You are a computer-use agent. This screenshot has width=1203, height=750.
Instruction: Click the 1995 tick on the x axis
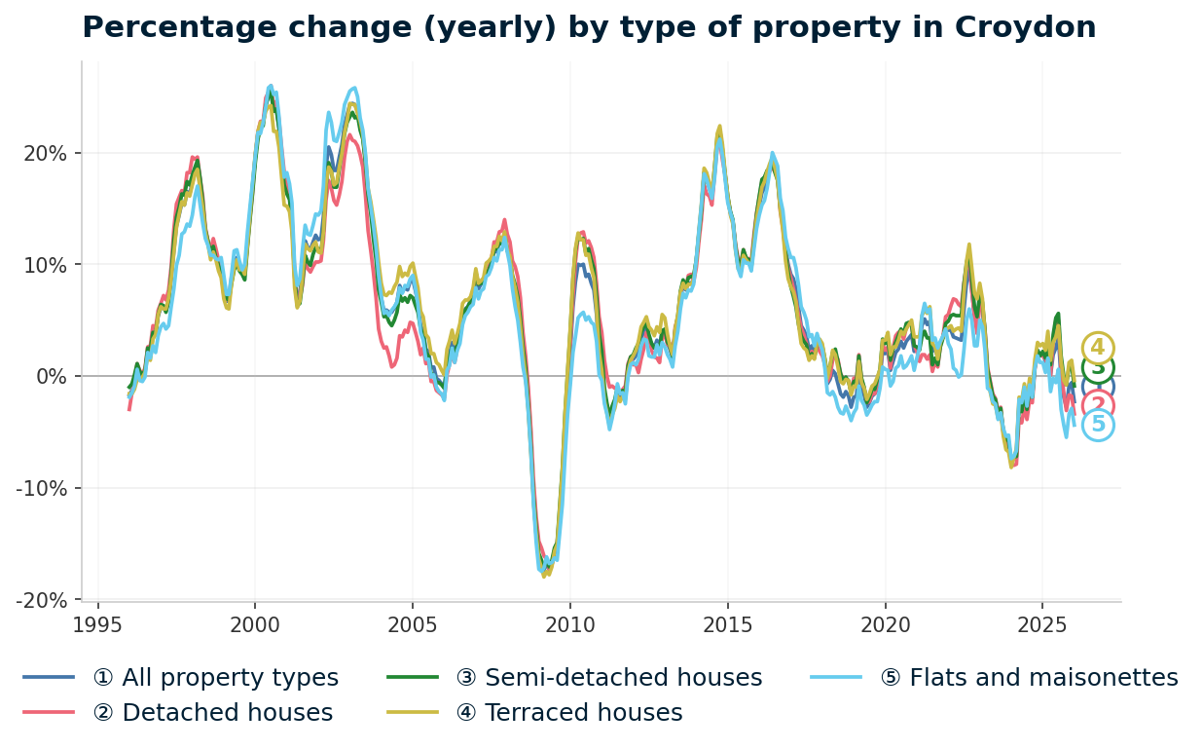click(x=97, y=624)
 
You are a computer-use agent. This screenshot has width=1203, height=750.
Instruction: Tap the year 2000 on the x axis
click(x=255, y=624)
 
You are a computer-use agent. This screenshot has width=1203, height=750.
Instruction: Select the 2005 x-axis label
click(x=413, y=624)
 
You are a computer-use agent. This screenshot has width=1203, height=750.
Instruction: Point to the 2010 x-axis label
click(x=569, y=624)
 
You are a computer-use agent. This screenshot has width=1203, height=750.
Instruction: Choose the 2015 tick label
click(x=727, y=624)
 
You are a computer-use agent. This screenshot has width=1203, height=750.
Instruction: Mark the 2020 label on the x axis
click(x=885, y=624)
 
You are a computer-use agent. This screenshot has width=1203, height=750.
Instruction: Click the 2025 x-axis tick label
click(x=1041, y=624)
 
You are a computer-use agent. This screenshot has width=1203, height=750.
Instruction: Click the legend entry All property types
click(x=215, y=678)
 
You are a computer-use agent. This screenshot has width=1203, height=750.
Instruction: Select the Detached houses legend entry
click(x=212, y=713)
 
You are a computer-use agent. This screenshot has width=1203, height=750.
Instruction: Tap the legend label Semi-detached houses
click(x=608, y=678)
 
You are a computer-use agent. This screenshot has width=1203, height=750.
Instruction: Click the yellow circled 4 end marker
click(x=1098, y=348)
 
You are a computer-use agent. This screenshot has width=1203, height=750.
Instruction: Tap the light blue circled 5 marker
click(x=1098, y=425)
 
